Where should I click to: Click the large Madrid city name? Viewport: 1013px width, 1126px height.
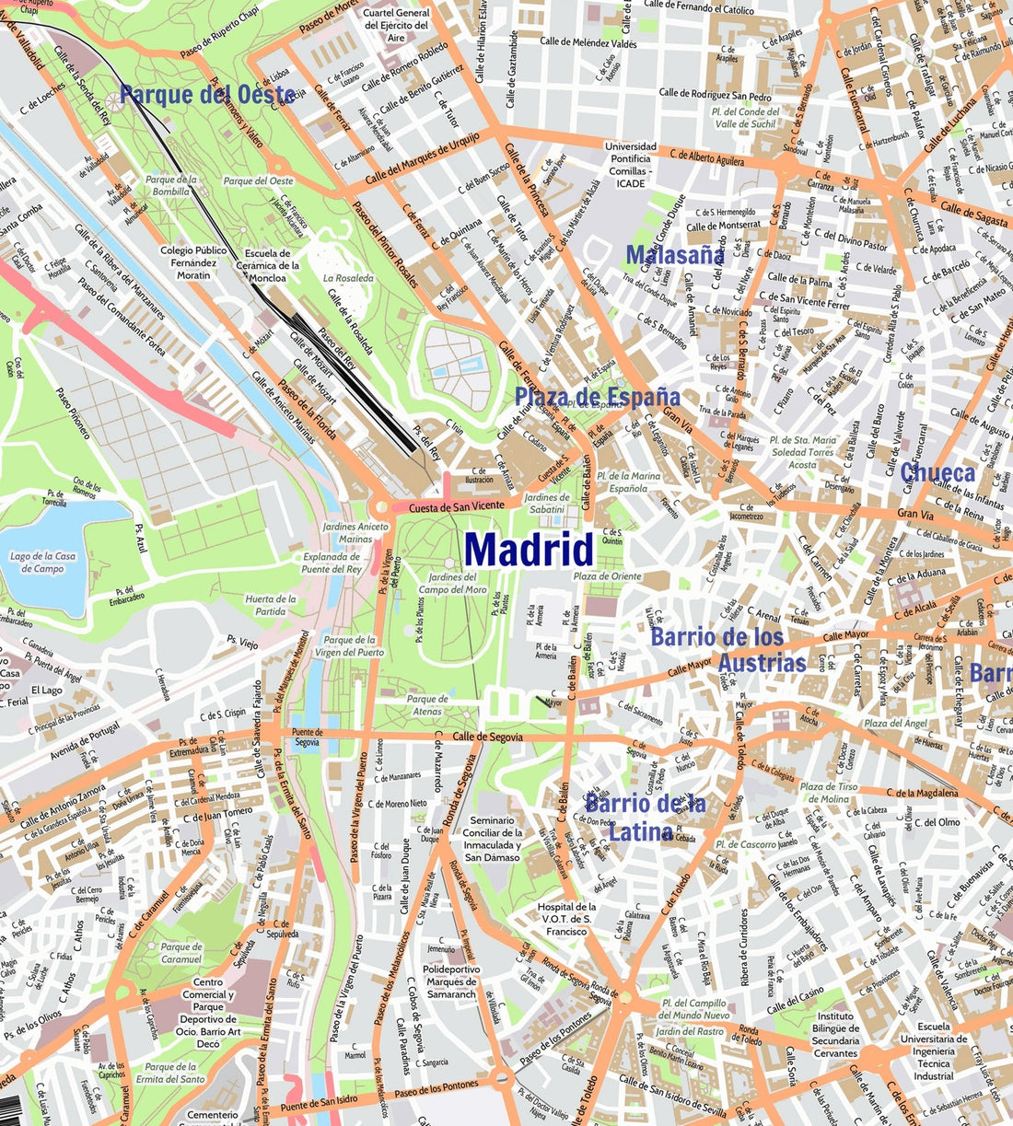coord(530,550)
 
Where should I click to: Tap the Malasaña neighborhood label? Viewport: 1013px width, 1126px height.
coord(675,255)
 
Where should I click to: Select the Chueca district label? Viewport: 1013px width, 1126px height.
coord(937,473)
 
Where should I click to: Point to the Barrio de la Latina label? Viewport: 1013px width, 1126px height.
coord(645,818)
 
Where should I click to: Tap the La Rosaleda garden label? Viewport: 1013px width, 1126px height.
coord(348,278)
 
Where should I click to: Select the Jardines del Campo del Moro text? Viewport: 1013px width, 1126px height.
coord(452,584)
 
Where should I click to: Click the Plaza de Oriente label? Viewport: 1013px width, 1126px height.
coord(607,576)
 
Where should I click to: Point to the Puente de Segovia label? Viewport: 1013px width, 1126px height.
coord(306,737)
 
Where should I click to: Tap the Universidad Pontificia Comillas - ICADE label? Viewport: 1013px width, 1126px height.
coord(631,165)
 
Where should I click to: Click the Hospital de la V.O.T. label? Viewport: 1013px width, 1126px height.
coord(566,919)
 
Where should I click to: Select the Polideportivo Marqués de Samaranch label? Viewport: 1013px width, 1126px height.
coord(451,981)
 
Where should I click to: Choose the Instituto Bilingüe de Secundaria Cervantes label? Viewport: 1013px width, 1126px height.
coord(835,1035)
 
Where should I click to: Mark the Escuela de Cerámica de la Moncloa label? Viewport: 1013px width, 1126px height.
coord(268,265)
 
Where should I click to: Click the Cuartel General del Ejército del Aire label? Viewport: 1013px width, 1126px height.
coord(396,26)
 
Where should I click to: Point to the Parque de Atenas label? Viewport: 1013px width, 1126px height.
coord(427,705)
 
